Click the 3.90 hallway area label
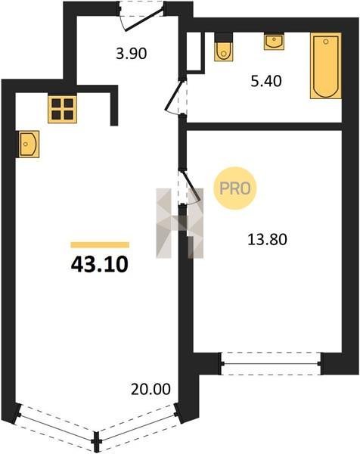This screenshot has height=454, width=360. tap(132, 54)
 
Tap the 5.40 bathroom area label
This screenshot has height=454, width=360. tap(266, 82)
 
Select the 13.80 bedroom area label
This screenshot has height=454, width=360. tap(268, 239)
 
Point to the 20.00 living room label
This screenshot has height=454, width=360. tap(151, 390)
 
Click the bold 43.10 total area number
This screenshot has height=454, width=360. tap(100, 265)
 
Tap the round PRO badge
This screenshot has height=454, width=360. tap(234, 188)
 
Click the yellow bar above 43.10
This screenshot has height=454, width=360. tap(100, 245)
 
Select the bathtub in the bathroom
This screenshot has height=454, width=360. tap(325, 66)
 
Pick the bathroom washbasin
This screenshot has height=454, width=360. tap(274, 42)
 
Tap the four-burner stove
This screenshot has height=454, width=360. tap(63, 109)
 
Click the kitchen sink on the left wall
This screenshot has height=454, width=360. tap(29, 144)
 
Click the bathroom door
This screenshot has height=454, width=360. tap(176, 98)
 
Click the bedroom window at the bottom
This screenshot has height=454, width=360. tap(271, 363)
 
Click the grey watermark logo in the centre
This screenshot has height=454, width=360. tap(179, 223)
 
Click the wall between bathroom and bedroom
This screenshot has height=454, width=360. tap(264, 126)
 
